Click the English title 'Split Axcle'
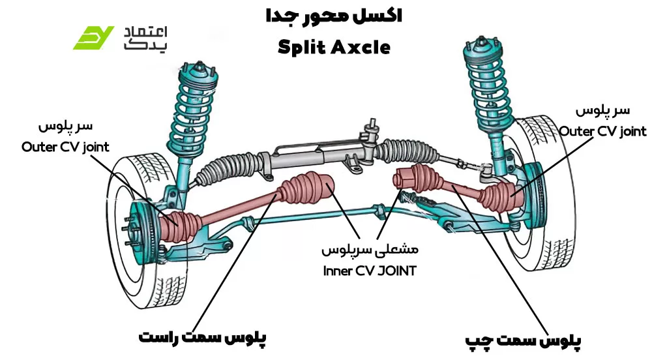[x=333, y=47]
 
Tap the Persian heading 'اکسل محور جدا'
[x=334, y=16]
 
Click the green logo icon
[x=93, y=38]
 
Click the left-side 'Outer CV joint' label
[x=65, y=147]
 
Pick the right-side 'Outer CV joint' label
[x=602, y=131]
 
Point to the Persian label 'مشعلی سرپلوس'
[x=369, y=250]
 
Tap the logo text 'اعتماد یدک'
[x=145, y=38]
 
